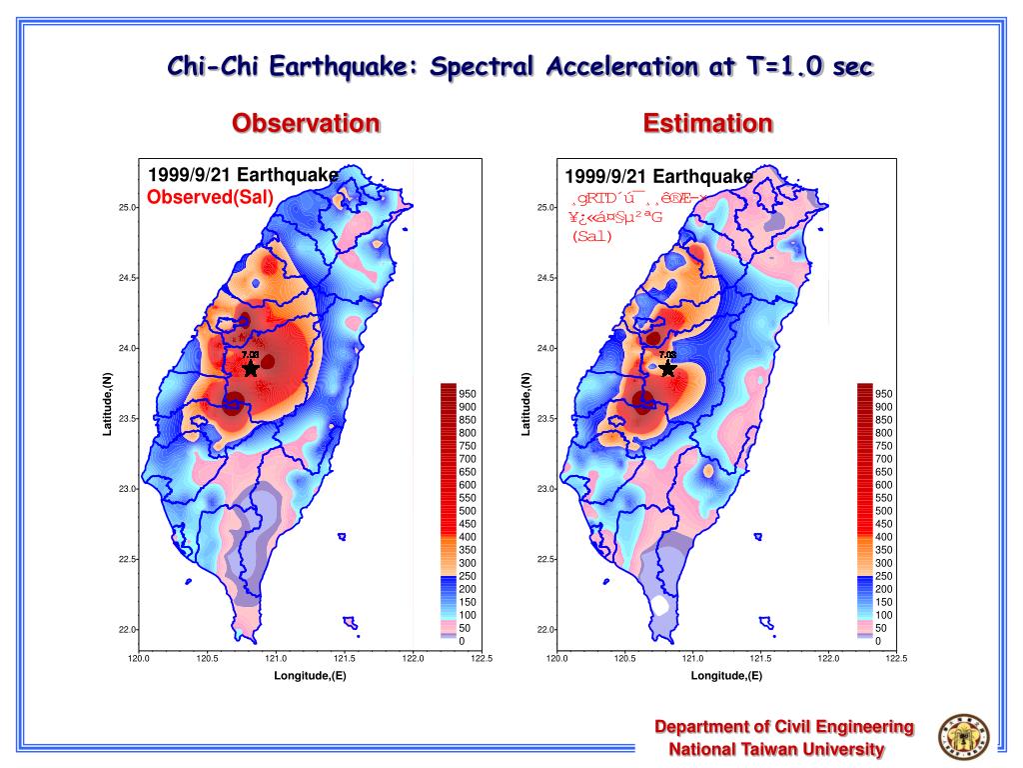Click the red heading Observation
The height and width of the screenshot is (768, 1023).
click(306, 124)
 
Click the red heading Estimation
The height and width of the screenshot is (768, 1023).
click(707, 124)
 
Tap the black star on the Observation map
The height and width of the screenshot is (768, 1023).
click(251, 368)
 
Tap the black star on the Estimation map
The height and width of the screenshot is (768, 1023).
click(667, 368)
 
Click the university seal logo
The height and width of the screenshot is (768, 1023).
click(960, 738)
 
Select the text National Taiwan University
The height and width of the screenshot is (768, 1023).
click(776, 749)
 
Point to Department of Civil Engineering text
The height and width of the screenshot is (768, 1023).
click(784, 727)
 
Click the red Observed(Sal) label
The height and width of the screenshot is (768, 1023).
click(210, 197)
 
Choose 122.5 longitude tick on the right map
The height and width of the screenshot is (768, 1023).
click(896, 658)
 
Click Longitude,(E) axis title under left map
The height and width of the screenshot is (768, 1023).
click(310, 676)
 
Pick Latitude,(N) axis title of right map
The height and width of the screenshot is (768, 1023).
click(525, 403)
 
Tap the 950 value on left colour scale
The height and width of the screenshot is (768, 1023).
click(468, 395)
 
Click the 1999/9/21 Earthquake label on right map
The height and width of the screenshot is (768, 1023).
click(658, 176)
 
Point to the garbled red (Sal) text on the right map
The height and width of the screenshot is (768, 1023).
click(592, 237)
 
